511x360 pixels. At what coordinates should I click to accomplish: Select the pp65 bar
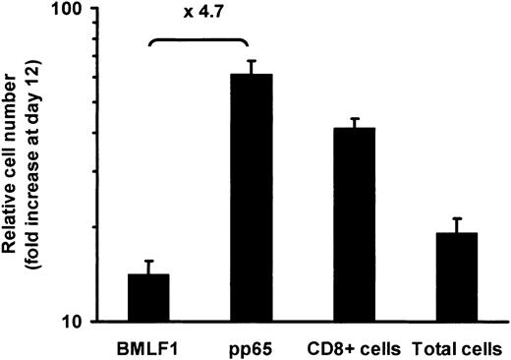pos(251,197)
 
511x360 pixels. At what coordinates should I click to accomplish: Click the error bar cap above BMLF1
pos(148,262)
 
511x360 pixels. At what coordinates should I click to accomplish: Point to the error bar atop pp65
pos(251,62)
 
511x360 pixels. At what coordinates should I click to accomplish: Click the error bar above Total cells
pos(456,219)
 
